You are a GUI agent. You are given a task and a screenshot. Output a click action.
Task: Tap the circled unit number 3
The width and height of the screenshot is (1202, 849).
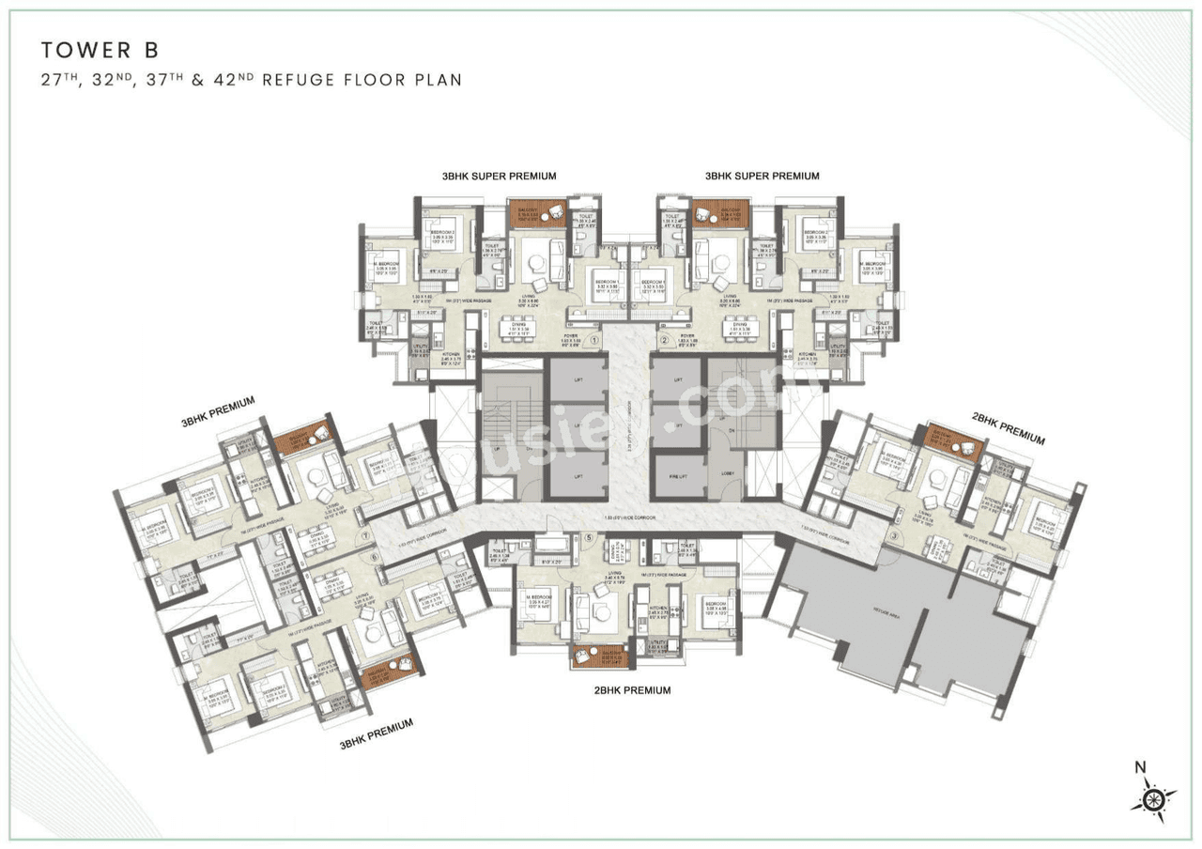[x=894, y=537]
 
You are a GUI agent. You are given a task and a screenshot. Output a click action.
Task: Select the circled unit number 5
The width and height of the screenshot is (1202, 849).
[x=589, y=538]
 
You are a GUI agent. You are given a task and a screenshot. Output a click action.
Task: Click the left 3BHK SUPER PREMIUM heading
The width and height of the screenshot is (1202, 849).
[x=501, y=176]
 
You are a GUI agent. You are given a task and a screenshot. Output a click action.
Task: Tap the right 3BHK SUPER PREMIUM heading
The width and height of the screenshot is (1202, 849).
[x=762, y=176]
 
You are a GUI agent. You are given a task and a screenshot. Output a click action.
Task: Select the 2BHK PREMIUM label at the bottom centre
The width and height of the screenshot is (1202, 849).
[x=631, y=690]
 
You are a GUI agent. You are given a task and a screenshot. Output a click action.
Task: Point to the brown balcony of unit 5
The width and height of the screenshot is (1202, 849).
[x=599, y=656]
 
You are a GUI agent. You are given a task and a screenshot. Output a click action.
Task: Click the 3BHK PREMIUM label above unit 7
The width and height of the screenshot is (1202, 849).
[x=218, y=410]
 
